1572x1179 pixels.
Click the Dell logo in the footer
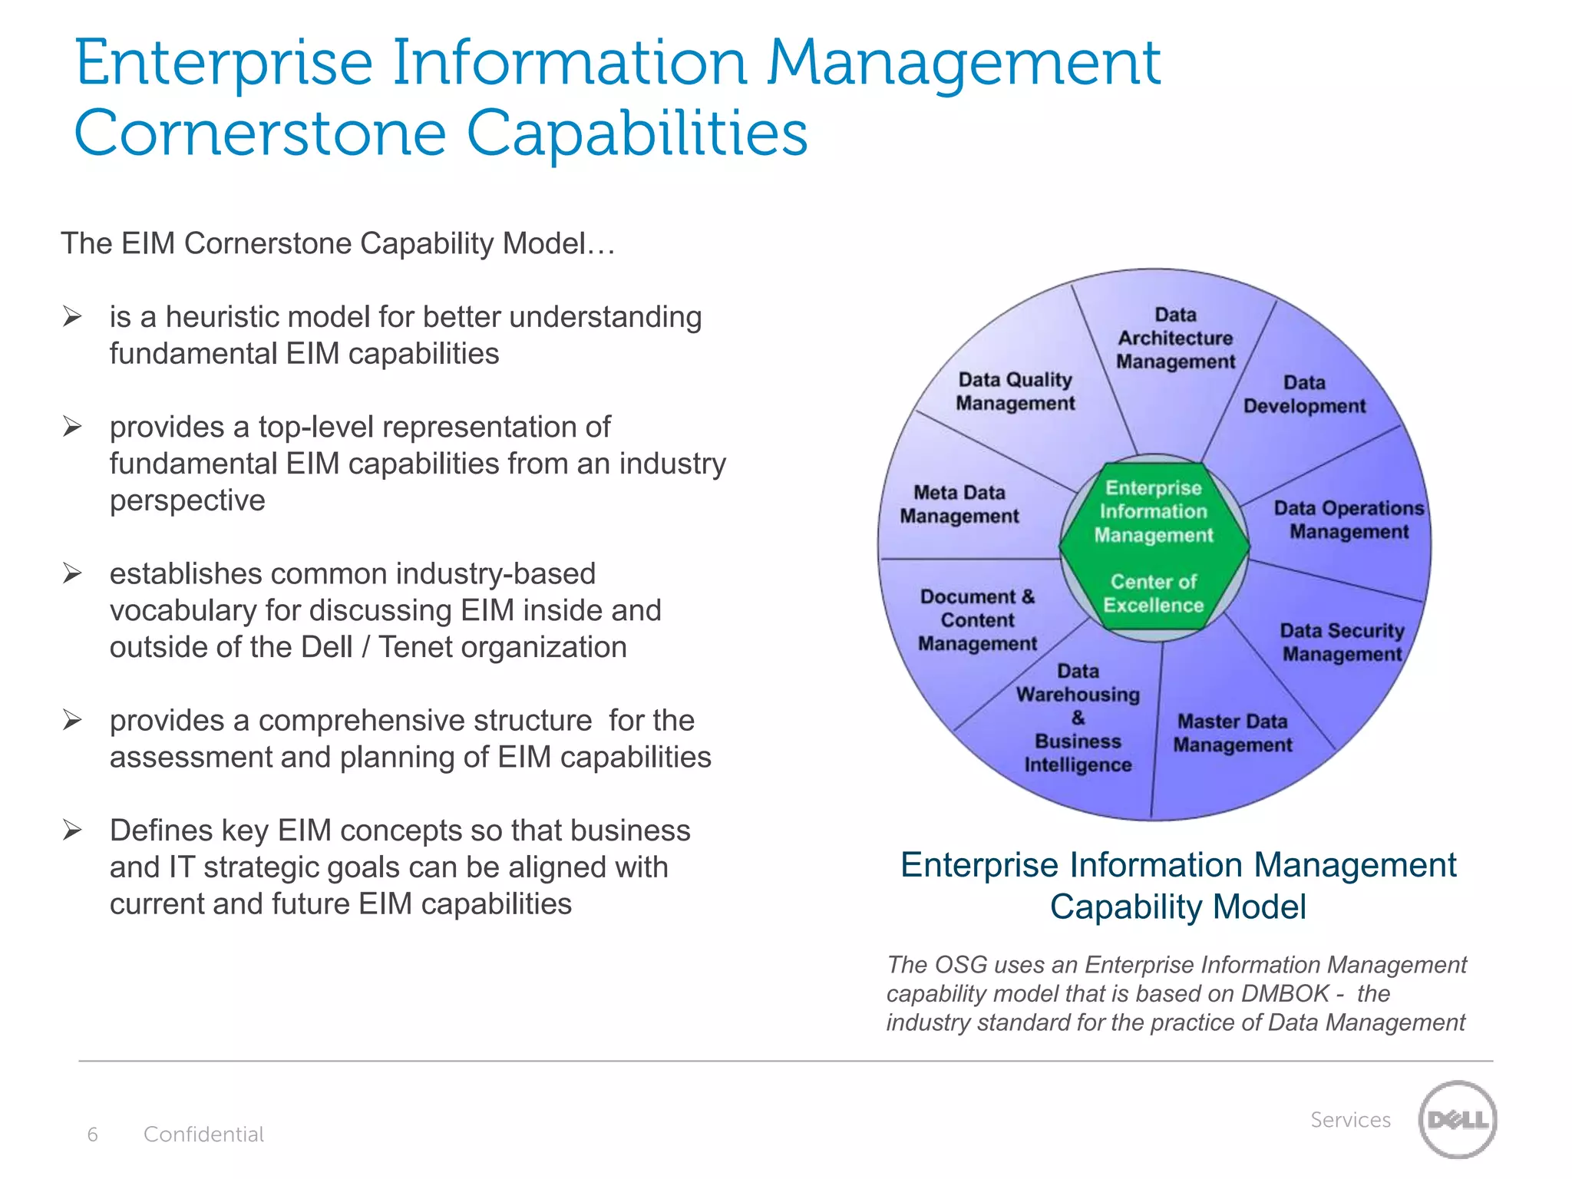(x=1457, y=1119)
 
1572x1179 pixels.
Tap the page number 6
(x=93, y=1134)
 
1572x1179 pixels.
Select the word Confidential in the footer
(x=203, y=1134)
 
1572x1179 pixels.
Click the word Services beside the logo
(x=1350, y=1120)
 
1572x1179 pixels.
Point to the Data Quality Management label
(x=1015, y=391)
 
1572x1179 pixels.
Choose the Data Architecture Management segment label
(x=1175, y=339)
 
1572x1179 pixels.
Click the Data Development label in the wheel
(x=1304, y=395)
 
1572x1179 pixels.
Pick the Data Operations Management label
(x=1349, y=520)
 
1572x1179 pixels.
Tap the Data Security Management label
(x=1342, y=642)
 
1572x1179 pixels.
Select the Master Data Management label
(x=1233, y=733)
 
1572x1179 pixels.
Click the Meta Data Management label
(x=959, y=504)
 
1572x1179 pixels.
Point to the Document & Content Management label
(x=977, y=620)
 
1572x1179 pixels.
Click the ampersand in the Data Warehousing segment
(x=1078, y=718)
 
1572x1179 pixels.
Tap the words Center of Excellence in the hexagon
(x=1154, y=593)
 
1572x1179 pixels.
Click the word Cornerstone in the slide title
(x=260, y=133)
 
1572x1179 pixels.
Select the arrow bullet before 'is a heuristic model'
(x=73, y=316)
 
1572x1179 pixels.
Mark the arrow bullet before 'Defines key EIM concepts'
(x=73, y=830)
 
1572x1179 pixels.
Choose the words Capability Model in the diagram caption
(x=1177, y=907)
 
